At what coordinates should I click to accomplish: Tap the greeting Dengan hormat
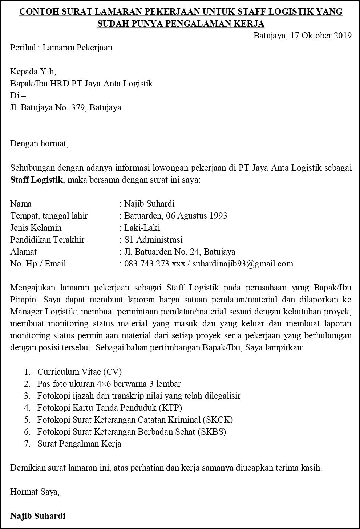(39, 143)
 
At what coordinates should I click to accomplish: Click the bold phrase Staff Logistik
(36, 180)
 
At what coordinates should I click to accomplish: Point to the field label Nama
(21, 204)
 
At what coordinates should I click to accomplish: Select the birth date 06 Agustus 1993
(197, 216)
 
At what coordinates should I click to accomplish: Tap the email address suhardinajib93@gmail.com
(243, 264)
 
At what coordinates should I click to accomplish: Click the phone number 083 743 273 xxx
(154, 264)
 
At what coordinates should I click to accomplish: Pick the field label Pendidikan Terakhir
(47, 240)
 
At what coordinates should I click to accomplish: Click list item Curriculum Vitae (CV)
(80, 372)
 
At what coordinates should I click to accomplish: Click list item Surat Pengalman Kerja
(79, 444)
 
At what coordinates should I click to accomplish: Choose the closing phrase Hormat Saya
(35, 492)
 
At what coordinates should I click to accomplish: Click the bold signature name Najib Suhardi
(38, 516)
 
